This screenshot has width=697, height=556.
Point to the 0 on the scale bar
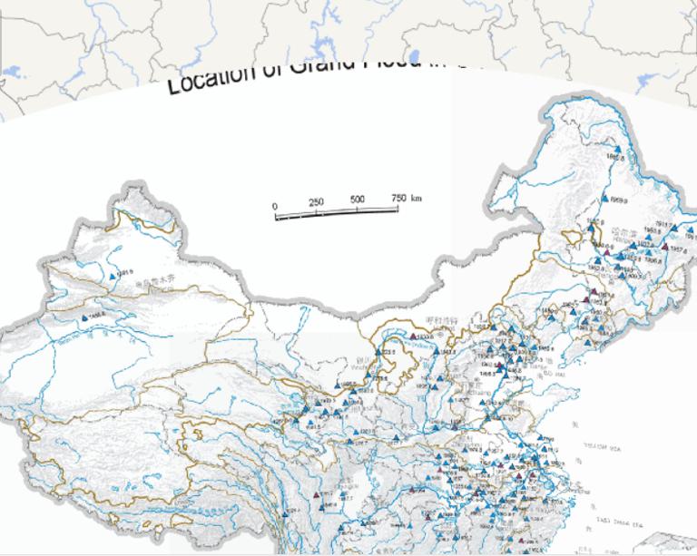[x=275, y=207]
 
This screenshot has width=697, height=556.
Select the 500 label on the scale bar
[x=357, y=200]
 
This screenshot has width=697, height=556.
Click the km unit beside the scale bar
[x=417, y=197]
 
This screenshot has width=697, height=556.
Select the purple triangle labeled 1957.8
[x=666, y=247]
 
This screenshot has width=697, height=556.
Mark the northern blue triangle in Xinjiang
[x=113, y=275]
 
